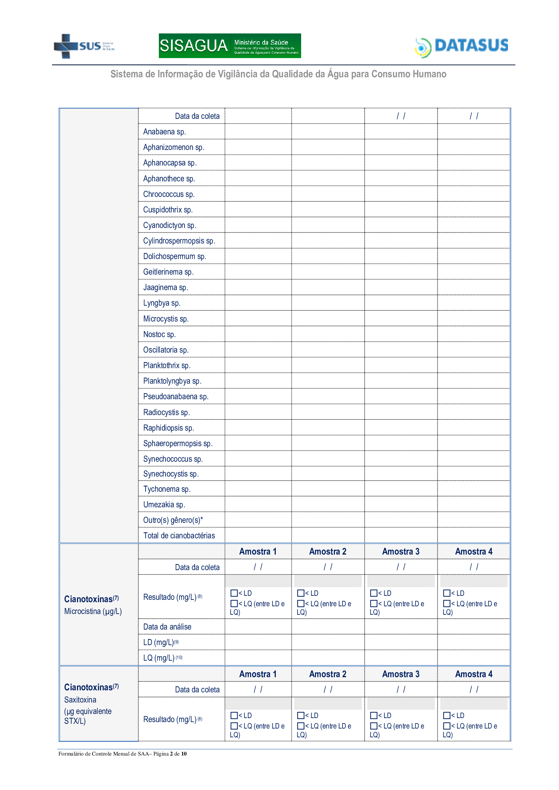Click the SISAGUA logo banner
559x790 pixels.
(229, 46)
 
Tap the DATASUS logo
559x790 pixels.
(461, 47)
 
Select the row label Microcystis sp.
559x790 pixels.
(166, 318)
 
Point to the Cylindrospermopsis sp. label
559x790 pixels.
(179, 241)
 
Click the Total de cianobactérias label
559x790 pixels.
(179, 535)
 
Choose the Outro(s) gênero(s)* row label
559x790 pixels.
(173, 520)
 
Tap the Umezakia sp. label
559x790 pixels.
(164, 504)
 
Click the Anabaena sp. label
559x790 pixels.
(164, 132)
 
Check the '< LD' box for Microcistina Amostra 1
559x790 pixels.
(234, 593)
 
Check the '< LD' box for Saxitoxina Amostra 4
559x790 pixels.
(447, 715)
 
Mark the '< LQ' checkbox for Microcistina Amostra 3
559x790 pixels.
(374, 604)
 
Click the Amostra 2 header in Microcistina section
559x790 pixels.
(327, 552)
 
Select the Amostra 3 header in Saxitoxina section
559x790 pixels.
(401, 674)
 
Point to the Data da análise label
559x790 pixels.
(167, 627)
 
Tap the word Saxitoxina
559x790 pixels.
(80, 699)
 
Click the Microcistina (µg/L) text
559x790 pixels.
(93, 611)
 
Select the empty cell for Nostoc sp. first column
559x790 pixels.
(258, 334)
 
